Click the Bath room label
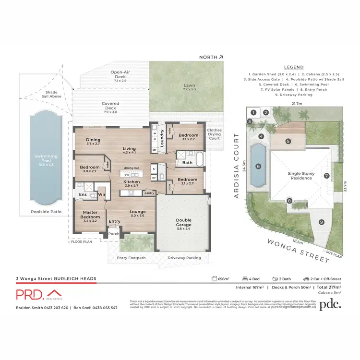(x=187, y=163)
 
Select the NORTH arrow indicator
(x=212, y=57)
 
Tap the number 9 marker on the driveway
(x=321, y=222)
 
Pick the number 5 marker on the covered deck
(x=288, y=141)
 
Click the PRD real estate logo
(x=38, y=295)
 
